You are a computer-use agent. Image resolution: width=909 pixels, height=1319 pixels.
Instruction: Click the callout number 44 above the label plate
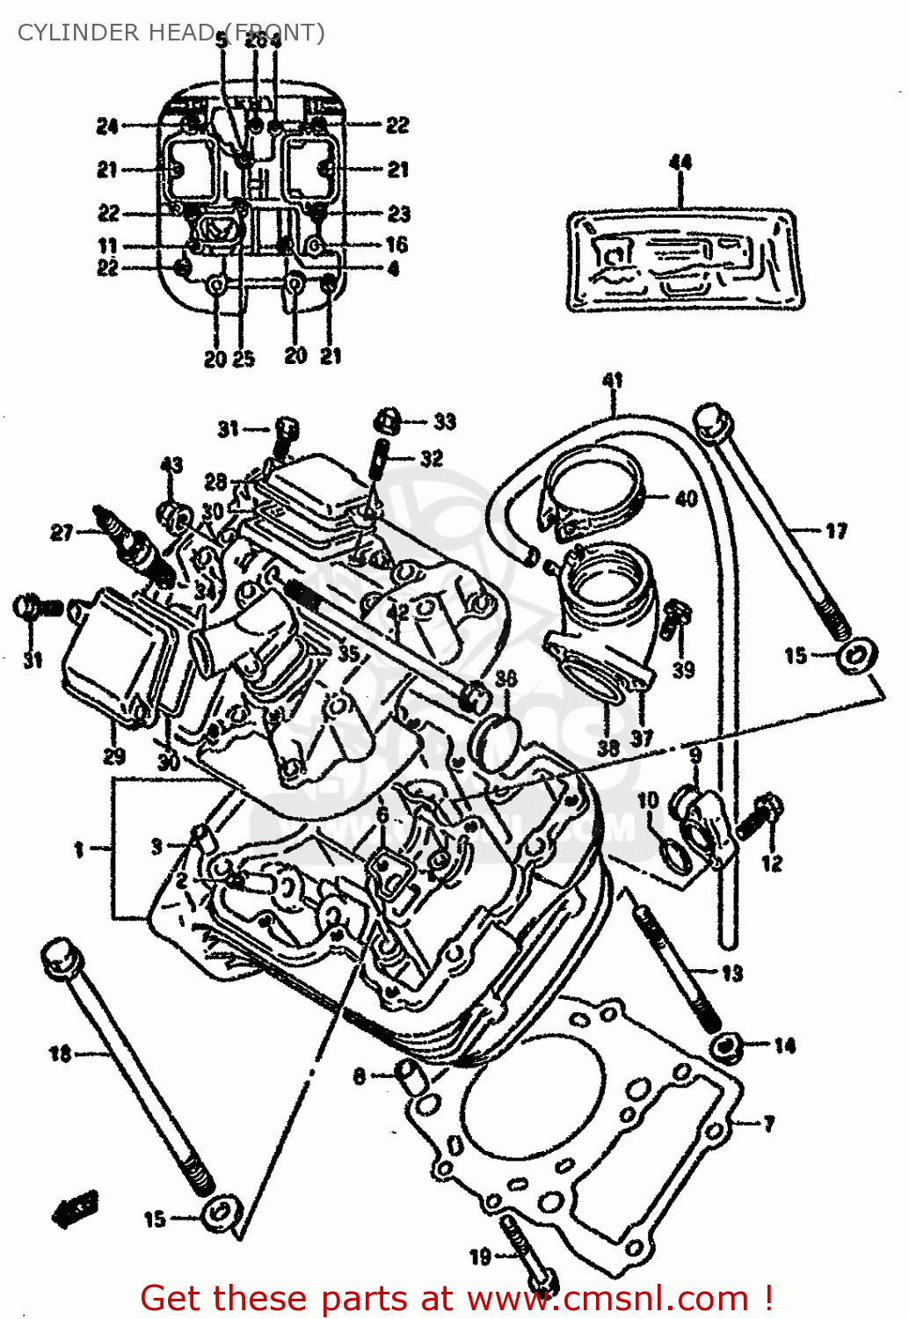click(680, 162)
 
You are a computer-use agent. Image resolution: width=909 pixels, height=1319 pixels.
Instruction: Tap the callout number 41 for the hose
click(612, 380)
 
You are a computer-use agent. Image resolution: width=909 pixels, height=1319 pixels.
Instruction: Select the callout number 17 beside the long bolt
click(836, 530)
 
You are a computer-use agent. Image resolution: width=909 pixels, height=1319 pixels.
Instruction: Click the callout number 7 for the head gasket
click(769, 1124)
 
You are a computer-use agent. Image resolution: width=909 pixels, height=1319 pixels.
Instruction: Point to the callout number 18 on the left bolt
click(60, 1053)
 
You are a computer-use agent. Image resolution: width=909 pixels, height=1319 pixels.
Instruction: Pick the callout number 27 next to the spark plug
click(62, 532)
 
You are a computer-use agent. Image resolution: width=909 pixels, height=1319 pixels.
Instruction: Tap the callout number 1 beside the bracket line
click(79, 849)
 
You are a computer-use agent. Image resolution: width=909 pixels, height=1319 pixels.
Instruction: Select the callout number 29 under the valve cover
click(114, 756)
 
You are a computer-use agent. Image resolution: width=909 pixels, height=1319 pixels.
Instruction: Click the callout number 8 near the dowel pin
click(360, 1075)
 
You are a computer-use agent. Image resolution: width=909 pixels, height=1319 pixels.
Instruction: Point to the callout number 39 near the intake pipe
click(683, 670)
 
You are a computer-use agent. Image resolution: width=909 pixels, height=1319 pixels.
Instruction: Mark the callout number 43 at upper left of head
click(171, 465)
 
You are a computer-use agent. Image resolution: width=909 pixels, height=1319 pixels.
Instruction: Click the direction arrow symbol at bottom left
click(76, 1209)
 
